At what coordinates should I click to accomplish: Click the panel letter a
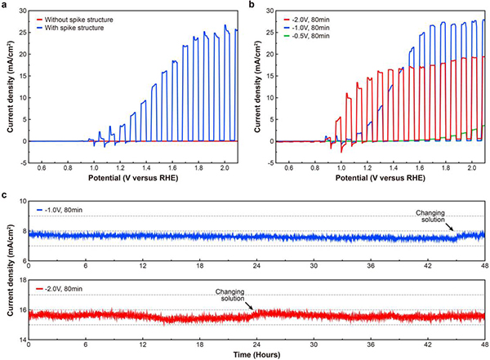point(5,5)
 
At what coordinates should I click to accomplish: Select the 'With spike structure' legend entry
point(75,27)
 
